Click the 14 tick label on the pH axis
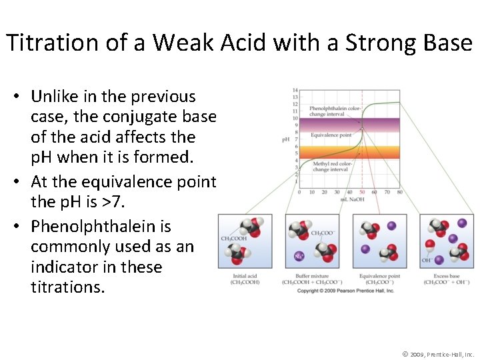click(x=295, y=91)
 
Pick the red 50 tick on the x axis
click(x=362, y=192)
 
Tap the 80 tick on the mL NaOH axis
click(x=399, y=192)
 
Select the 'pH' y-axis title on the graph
click(x=286, y=139)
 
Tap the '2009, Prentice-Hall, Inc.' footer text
click(x=443, y=354)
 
